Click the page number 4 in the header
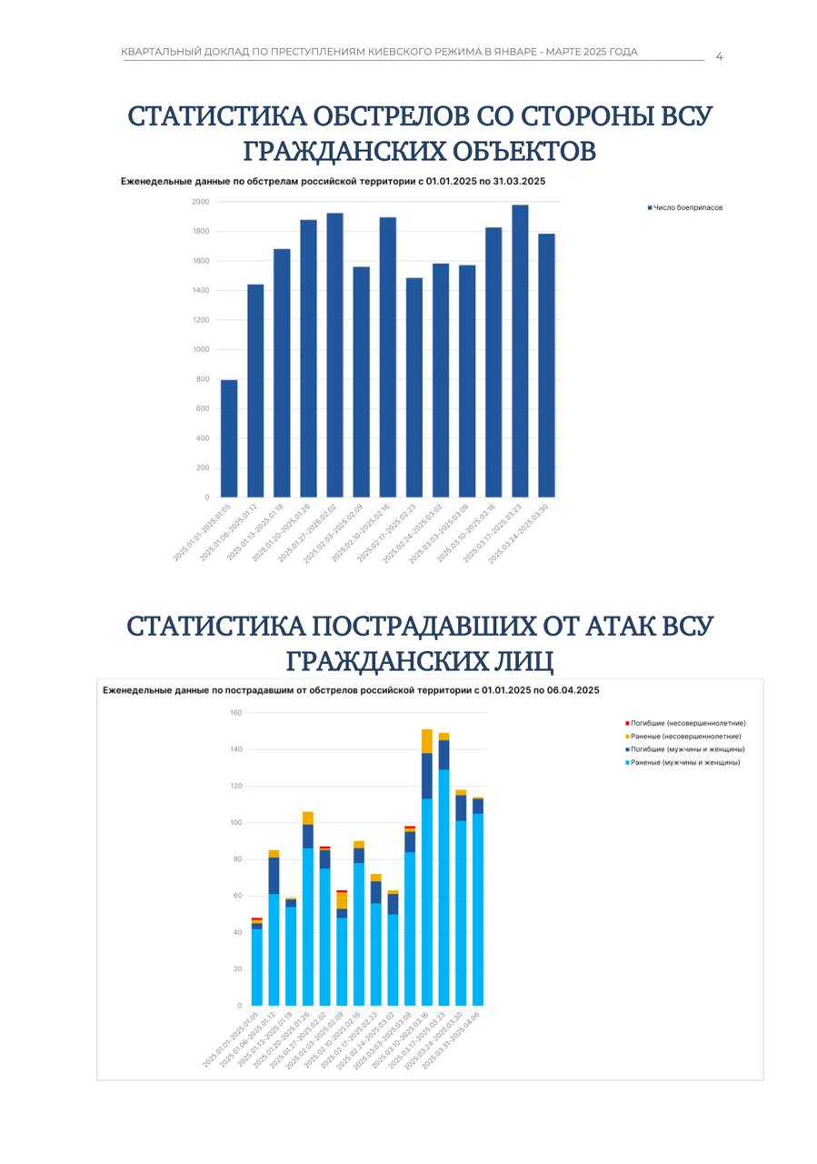[719, 56]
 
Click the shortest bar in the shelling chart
[229, 438]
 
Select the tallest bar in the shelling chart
[520, 351]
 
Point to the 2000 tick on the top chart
[200, 201]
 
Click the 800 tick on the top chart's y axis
[201, 379]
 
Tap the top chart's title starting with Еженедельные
[333, 182]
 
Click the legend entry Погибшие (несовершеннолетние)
[688, 723]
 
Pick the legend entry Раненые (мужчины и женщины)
[685, 762]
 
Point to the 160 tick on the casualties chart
[235, 713]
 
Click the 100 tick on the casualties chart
[235, 823]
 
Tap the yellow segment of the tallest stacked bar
[427, 741]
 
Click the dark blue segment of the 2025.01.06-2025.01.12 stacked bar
[274, 876]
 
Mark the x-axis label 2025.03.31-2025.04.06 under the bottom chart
[460, 1039]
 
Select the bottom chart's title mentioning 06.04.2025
[351, 690]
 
